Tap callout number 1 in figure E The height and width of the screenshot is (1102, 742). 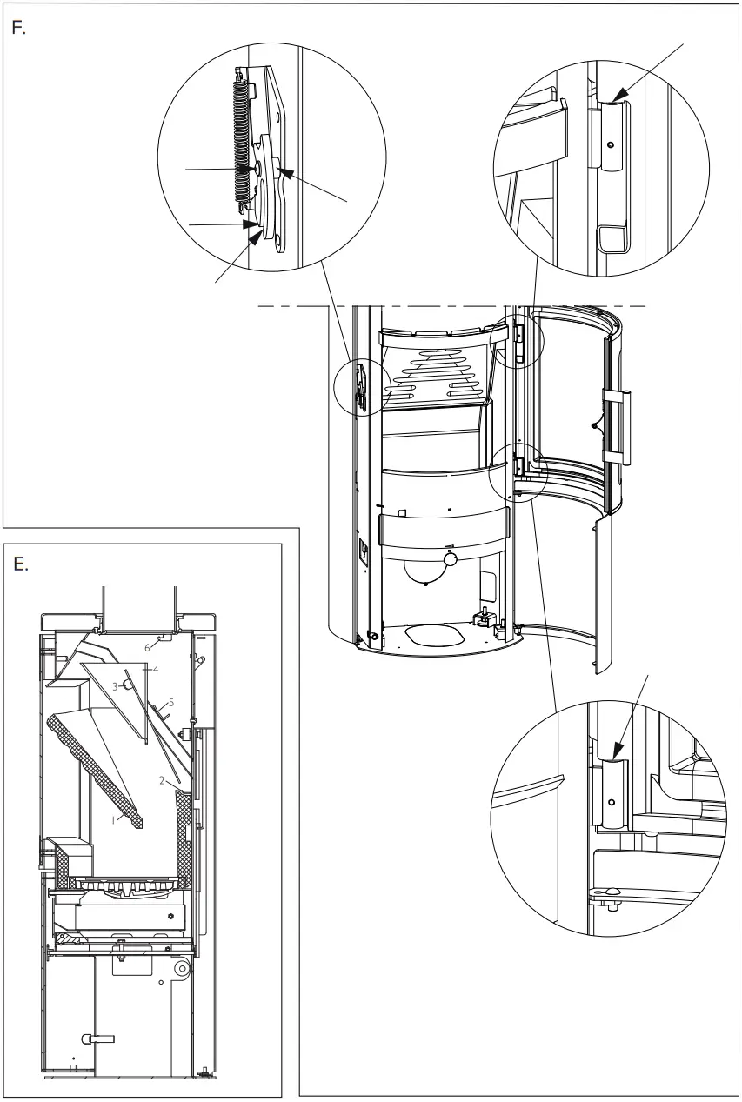pyautogui.click(x=112, y=818)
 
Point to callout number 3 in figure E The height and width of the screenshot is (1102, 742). pyautogui.click(x=114, y=685)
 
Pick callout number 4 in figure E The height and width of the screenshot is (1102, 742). pyautogui.click(x=156, y=671)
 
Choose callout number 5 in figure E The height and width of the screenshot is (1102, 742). pyautogui.click(x=172, y=701)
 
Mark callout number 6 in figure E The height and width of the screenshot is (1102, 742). pyautogui.click(x=148, y=648)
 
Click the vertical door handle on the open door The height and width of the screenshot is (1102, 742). pyautogui.click(x=615, y=427)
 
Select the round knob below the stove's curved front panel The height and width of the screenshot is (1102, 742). pyautogui.click(x=451, y=562)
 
